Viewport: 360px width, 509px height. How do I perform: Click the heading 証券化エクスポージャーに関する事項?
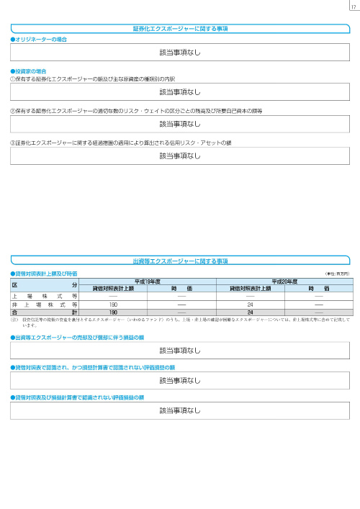pyautogui.click(x=180, y=29)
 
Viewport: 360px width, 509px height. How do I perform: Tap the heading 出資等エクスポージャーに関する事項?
pyautogui.click(x=180, y=261)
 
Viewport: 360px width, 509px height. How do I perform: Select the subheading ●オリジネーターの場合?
pyautogui.click(x=40, y=39)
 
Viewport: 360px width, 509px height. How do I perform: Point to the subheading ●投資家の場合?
pyautogui.click(x=30, y=71)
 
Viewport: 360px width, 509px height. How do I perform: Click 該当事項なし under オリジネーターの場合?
pyautogui.click(x=180, y=53)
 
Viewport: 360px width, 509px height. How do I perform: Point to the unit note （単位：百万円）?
pyautogui.click(x=336, y=274)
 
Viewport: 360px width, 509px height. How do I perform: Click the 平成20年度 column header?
pyautogui.click(x=284, y=281)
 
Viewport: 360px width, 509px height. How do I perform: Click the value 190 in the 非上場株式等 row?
pyautogui.click(x=113, y=305)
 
